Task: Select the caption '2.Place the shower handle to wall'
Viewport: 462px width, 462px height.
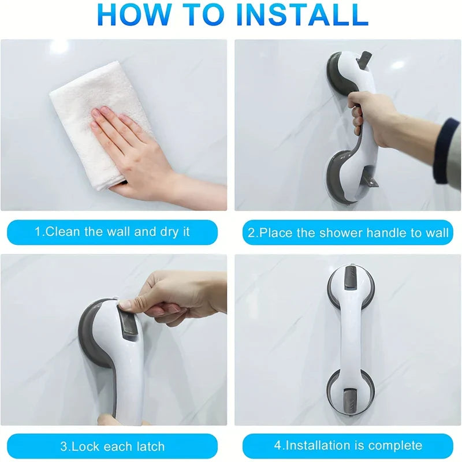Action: [x=348, y=233]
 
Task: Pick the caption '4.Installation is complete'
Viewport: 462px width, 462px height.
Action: [x=348, y=446]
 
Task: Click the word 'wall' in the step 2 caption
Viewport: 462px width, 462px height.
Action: [x=437, y=233]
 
